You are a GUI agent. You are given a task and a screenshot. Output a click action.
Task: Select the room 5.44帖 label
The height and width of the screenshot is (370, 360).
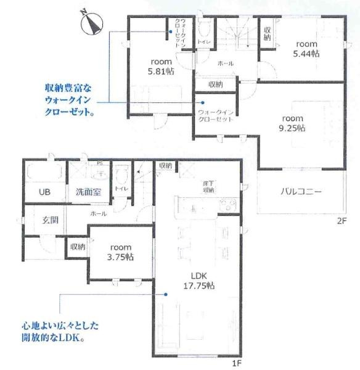click(306, 49)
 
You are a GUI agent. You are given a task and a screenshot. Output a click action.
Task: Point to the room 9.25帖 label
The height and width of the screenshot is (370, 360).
click(292, 123)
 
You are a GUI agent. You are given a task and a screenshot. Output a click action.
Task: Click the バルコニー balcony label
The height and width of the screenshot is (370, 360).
click(301, 191)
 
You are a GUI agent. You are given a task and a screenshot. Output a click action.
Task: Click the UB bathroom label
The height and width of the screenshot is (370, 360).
click(45, 192)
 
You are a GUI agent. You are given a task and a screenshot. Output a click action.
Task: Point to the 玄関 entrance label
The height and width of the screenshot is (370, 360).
click(50, 220)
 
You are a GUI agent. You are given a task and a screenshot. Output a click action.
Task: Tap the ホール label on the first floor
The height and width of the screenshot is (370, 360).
click(98, 213)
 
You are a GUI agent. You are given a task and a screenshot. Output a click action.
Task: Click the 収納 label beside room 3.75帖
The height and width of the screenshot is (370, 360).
click(77, 246)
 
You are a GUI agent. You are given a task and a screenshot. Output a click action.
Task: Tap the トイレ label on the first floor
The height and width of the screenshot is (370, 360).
click(121, 188)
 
